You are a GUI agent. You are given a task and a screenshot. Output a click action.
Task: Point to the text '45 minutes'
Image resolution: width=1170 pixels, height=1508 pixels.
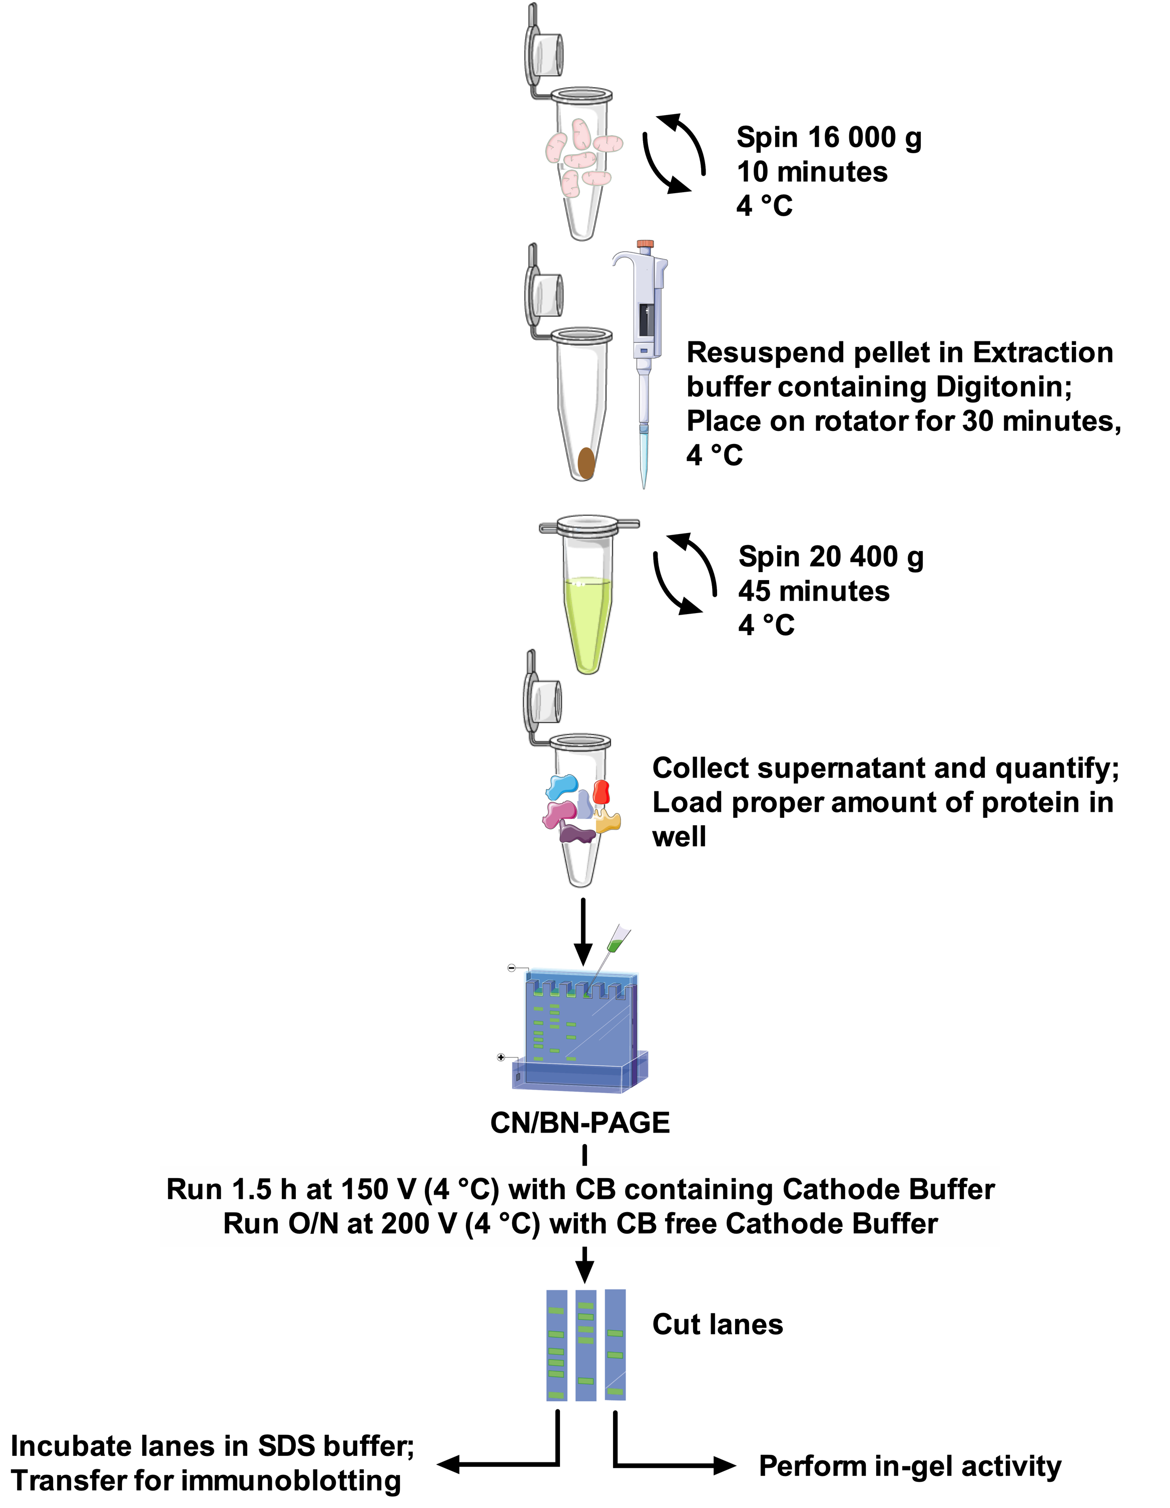(x=814, y=591)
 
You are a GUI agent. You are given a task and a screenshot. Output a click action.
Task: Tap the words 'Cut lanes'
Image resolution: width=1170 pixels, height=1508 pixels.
(x=718, y=1324)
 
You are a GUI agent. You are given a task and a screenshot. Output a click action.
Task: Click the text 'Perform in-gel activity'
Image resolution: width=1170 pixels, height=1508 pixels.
(x=910, y=1466)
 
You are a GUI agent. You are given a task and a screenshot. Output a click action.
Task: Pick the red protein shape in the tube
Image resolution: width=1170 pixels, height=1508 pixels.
(x=601, y=792)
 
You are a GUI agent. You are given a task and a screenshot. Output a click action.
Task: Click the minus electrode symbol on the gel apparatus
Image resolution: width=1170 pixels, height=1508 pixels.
(x=511, y=968)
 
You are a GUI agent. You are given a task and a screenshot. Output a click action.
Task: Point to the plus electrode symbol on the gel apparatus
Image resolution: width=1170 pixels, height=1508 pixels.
(x=501, y=1057)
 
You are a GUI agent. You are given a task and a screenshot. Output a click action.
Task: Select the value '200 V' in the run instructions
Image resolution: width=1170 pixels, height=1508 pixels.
(x=419, y=1224)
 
